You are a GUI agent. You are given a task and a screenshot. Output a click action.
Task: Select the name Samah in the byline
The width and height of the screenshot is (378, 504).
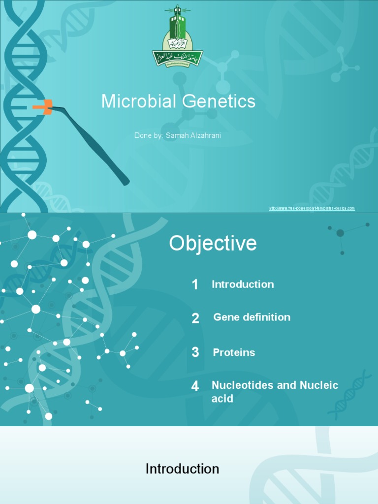[176, 135]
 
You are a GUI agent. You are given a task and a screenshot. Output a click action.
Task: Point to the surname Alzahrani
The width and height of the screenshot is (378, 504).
[205, 135]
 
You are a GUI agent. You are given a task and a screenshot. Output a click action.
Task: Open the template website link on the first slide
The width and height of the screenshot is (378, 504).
[312, 208]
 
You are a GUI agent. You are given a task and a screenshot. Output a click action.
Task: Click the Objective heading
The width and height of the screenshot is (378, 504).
[213, 244]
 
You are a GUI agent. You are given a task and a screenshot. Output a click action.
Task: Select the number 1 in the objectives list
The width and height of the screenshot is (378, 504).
[195, 284]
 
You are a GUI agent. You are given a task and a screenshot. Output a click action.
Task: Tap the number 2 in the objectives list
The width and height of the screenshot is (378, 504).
[195, 318]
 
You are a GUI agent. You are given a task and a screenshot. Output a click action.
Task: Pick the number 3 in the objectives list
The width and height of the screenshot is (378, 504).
[195, 352]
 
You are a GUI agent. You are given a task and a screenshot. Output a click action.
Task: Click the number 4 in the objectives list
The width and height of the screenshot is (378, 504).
[195, 386]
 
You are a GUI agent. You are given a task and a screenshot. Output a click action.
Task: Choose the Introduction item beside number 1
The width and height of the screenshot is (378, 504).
[243, 284]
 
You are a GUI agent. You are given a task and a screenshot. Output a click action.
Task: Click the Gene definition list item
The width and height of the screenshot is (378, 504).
[252, 317]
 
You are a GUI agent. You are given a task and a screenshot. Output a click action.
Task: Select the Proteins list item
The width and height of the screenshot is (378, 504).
[234, 352]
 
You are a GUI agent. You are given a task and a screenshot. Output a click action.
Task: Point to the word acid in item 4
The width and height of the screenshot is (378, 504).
[222, 399]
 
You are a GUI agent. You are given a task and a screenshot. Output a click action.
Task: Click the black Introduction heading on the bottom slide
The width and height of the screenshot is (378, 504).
[182, 469]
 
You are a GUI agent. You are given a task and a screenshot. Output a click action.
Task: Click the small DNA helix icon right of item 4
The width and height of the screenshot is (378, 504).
[350, 394]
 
